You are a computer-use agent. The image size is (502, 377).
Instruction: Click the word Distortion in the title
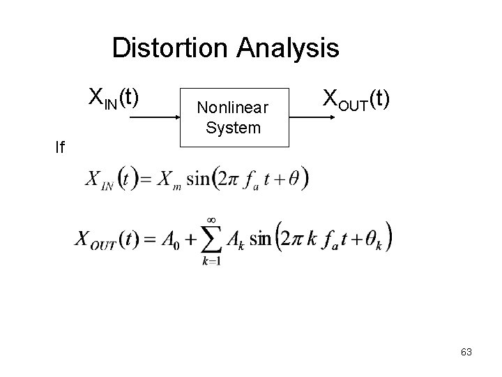(171, 49)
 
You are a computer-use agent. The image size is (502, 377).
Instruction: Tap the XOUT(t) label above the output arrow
(356, 99)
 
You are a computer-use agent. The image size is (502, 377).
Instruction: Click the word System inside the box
(234, 128)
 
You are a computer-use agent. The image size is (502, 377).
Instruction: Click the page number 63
(466, 352)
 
